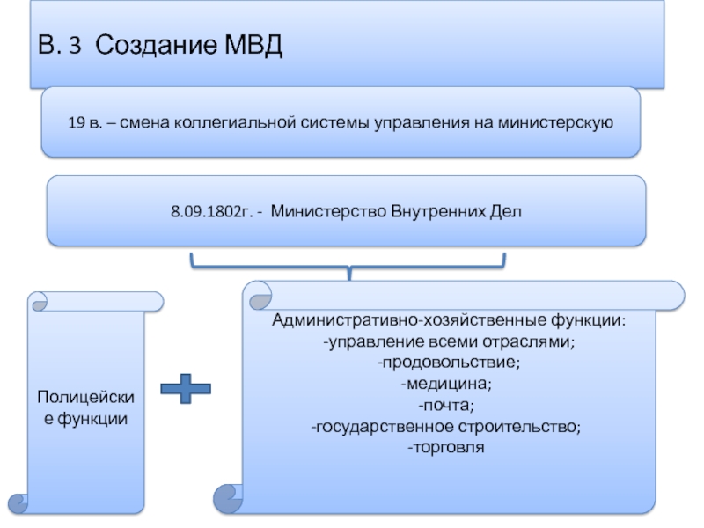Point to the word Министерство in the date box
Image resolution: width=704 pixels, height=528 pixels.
click(321, 212)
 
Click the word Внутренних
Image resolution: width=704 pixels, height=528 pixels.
click(427, 212)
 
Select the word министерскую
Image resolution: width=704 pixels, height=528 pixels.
click(552, 122)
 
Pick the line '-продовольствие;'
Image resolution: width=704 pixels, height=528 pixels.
click(447, 362)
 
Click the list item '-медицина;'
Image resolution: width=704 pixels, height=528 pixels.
click(447, 384)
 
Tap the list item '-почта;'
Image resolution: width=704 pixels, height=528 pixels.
click(447, 405)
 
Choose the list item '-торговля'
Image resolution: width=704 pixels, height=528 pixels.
click(447, 448)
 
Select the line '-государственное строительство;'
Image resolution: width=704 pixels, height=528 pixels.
click(447, 427)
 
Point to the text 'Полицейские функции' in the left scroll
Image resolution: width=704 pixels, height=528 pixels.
click(86, 409)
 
